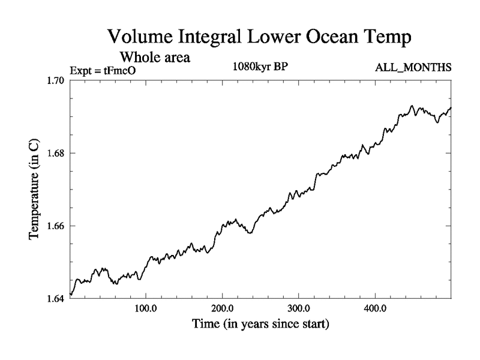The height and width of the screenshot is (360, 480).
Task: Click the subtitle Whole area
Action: [x=155, y=58]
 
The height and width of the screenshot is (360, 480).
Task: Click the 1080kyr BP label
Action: [x=260, y=67]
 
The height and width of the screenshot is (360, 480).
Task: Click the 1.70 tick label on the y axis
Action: [x=57, y=81]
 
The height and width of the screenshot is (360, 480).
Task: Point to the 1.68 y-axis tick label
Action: [x=57, y=154]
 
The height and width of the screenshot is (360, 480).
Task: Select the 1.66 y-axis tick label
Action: [x=57, y=226]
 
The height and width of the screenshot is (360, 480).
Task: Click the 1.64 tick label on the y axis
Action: [x=57, y=299]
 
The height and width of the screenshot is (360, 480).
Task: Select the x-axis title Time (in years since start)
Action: [x=260, y=325]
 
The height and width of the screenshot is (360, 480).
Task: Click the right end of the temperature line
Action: [x=451, y=107]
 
